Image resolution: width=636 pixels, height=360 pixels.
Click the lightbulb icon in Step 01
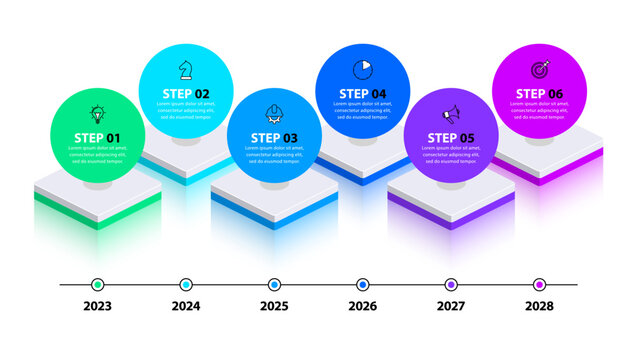coord(97,114)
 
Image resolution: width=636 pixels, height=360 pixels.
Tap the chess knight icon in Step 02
coord(185,69)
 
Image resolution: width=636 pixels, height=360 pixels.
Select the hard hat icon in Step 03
coord(274,113)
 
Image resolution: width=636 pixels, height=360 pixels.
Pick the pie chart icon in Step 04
coord(362,68)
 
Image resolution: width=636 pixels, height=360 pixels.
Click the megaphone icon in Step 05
coord(450,112)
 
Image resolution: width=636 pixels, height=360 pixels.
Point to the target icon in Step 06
coord(539,68)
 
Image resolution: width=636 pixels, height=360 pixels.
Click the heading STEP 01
coord(97,138)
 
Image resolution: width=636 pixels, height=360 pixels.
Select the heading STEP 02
coord(186,94)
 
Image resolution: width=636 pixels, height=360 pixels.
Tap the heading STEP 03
coord(274,138)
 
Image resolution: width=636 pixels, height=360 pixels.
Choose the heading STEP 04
coord(362,94)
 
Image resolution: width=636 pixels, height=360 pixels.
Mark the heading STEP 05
coord(451,138)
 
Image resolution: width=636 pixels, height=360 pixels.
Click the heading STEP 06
coord(539,94)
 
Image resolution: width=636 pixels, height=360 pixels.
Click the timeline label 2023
coord(97,307)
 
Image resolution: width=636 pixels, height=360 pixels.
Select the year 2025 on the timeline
coord(274,307)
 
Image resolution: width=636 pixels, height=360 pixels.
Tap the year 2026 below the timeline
coord(362,307)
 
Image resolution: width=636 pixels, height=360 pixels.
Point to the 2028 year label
coord(539,307)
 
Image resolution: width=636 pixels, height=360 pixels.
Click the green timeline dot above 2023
coord(97,284)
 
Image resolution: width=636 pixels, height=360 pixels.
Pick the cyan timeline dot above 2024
coord(186,284)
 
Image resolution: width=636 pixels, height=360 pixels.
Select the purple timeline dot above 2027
coord(451,284)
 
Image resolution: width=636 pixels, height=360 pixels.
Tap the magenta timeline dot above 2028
coord(539,284)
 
